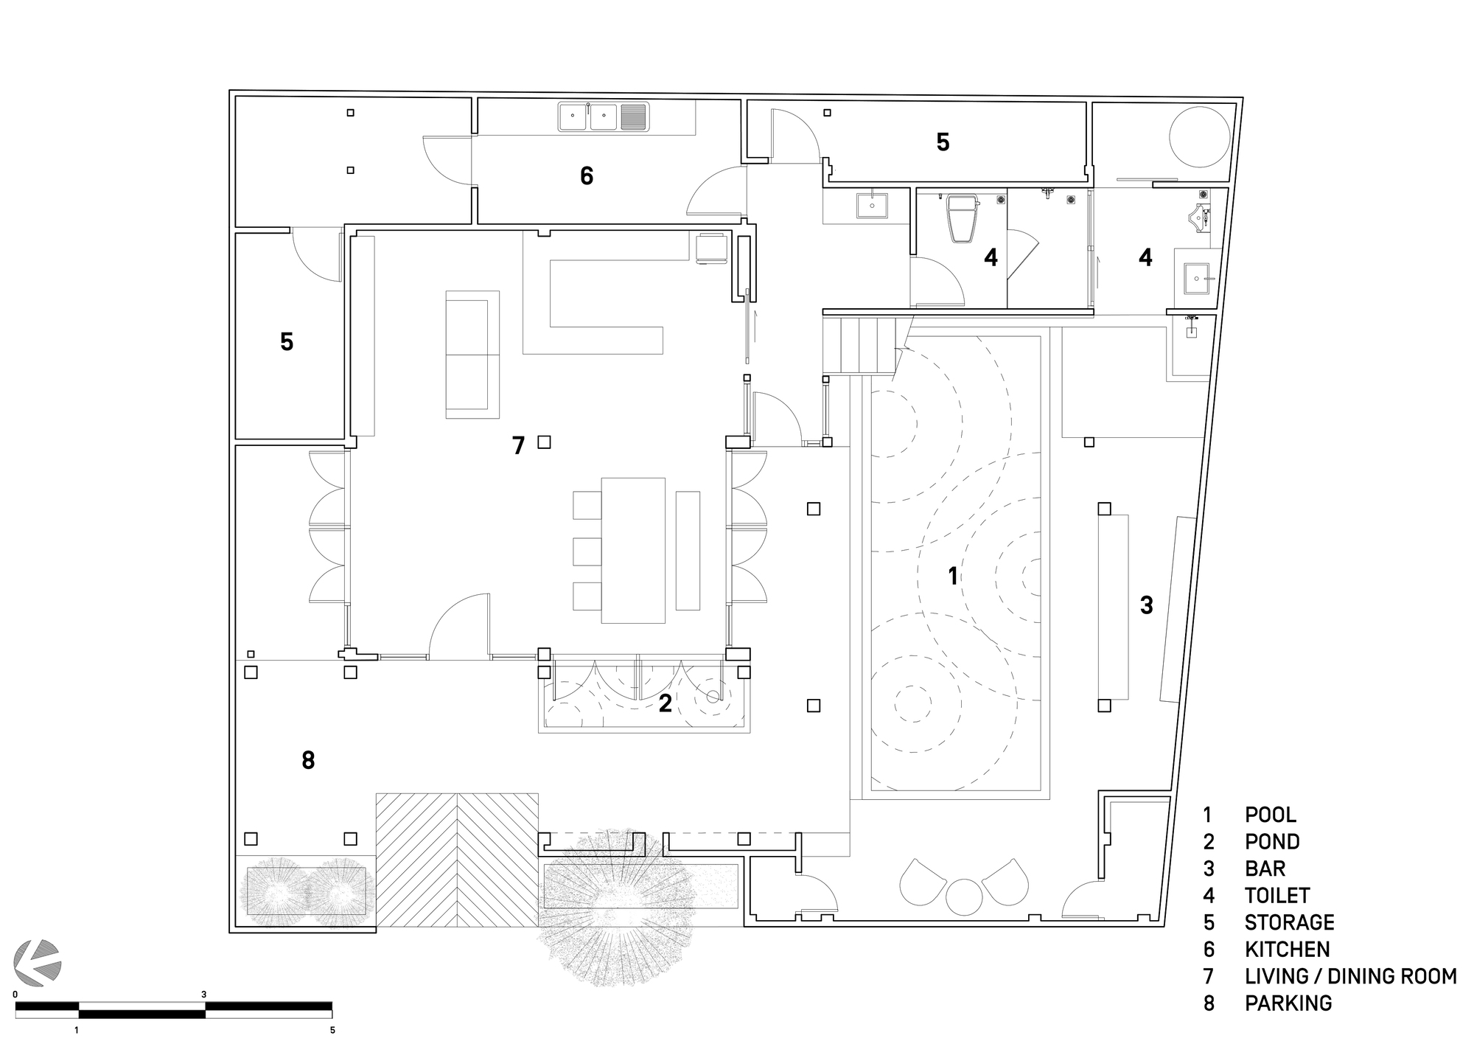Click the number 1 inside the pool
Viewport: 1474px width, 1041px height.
click(952, 576)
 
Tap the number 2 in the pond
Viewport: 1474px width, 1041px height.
click(665, 704)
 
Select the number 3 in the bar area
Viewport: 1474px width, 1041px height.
click(1146, 605)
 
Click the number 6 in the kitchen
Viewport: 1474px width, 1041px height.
click(586, 175)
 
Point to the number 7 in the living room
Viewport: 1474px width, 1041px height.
click(518, 445)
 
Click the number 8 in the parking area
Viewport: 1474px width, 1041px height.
click(308, 760)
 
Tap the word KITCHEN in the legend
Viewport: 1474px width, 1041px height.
click(1287, 949)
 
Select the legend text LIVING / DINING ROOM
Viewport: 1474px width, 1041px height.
click(1350, 976)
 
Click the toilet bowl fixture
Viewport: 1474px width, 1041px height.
click(963, 219)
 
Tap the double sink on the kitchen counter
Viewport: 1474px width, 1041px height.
click(588, 116)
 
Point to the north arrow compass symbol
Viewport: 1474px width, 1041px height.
click(38, 961)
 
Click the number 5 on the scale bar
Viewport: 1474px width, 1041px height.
click(332, 1030)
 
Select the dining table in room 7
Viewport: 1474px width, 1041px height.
click(633, 550)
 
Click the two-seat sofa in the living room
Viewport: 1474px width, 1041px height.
click(472, 355)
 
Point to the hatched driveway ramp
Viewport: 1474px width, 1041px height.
click(457, 860)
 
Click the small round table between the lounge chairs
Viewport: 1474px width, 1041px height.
click(964, 896)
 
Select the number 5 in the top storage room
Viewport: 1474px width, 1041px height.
click(943, 142)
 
